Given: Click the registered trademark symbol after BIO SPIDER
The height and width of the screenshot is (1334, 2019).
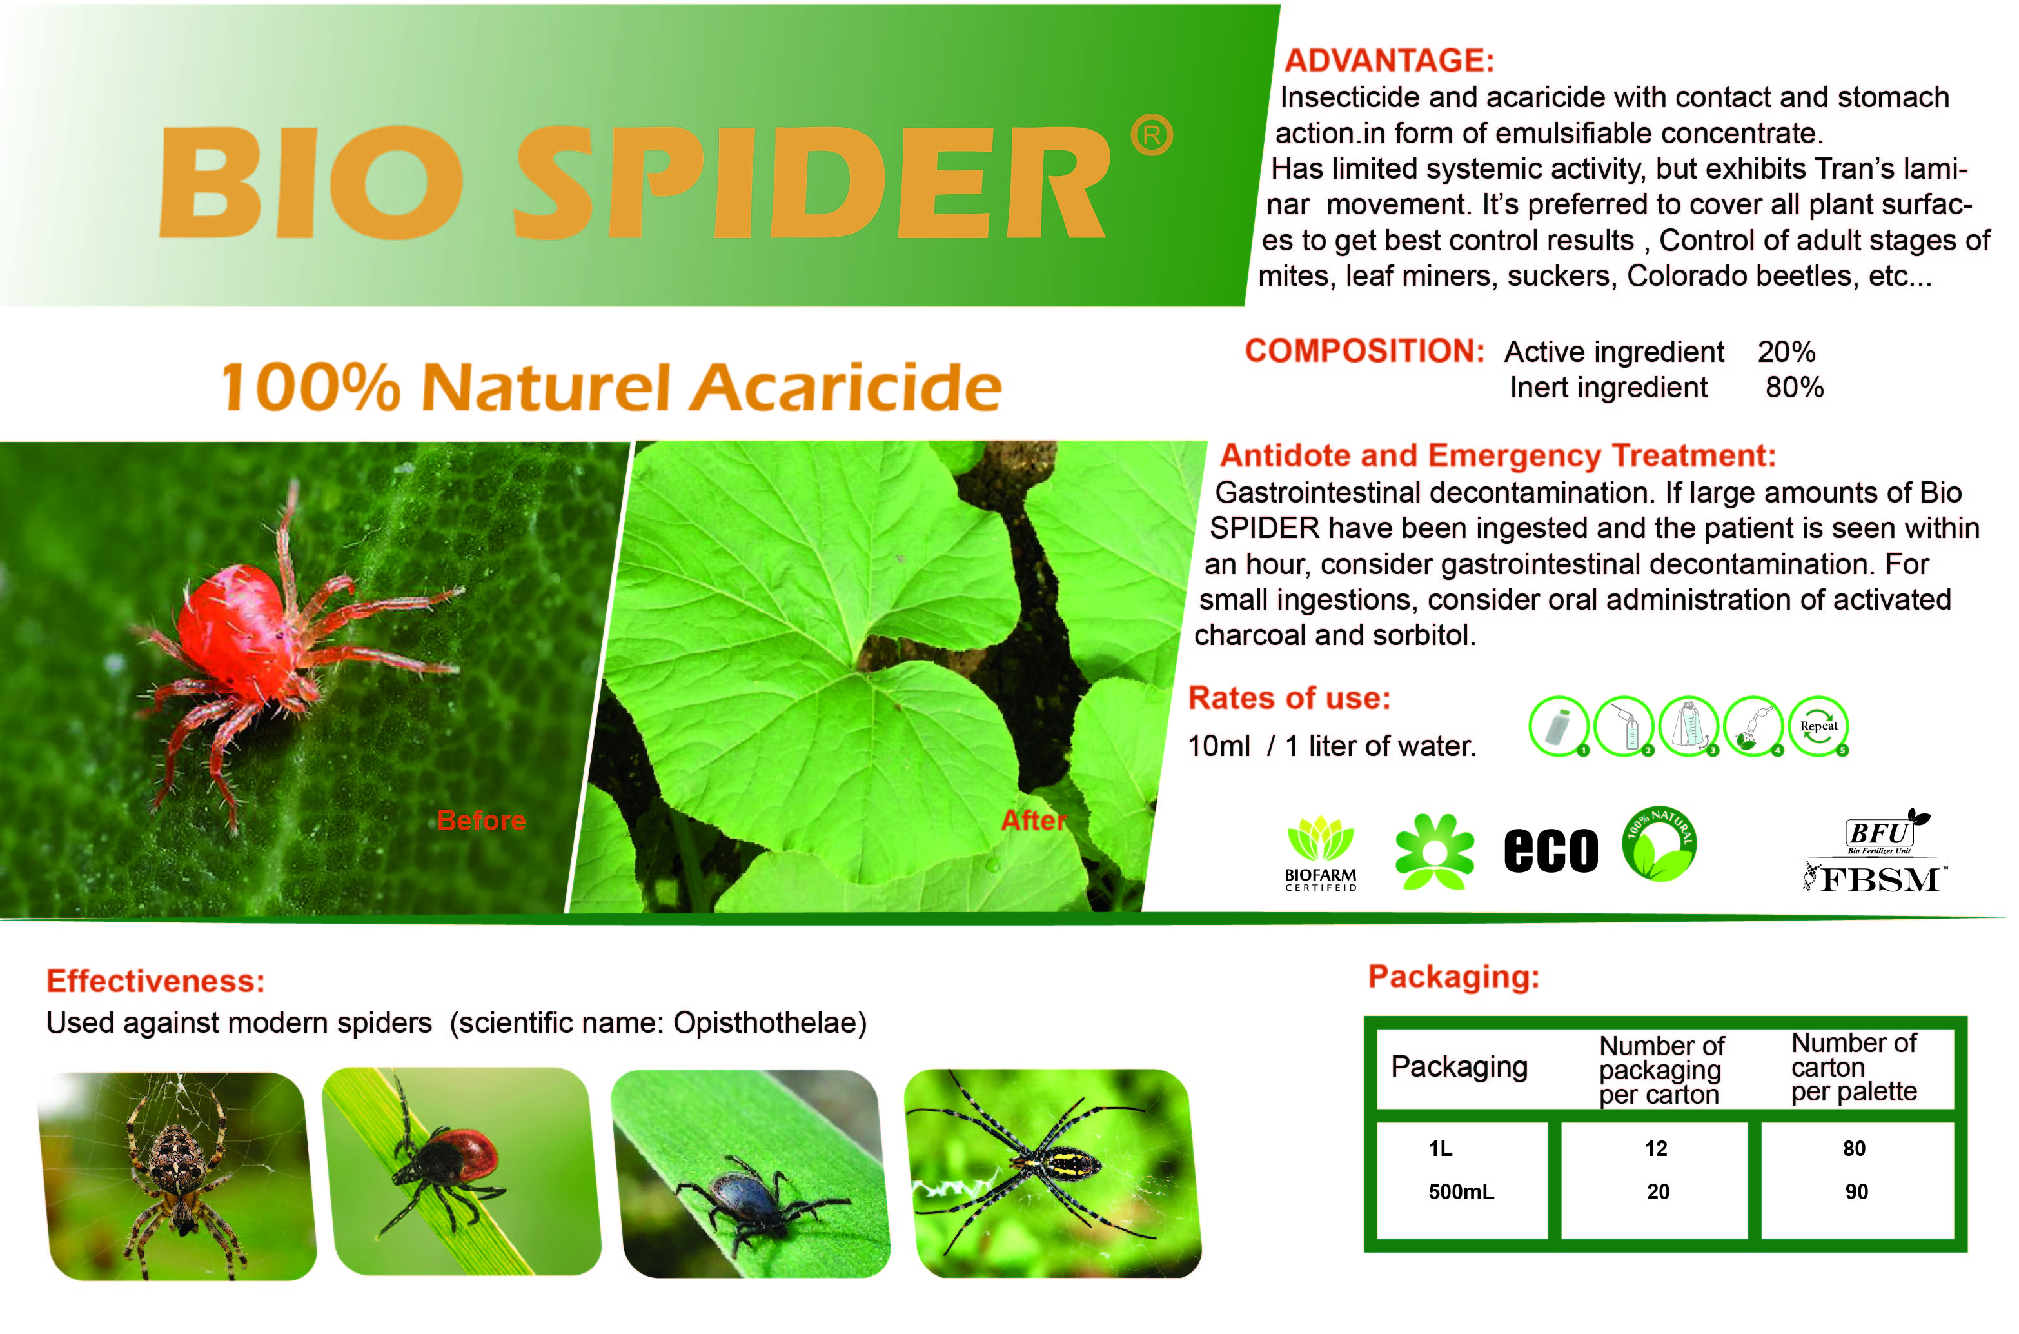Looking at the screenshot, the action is (x=1152, y=136).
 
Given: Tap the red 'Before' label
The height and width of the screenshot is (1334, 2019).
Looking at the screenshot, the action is (x=481, y=820).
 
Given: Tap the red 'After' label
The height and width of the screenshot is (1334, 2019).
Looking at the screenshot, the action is (x=1033, y=820).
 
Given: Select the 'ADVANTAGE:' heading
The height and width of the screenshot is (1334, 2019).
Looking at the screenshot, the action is (x=1389, y=61).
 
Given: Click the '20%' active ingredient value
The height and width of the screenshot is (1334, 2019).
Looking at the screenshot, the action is (x=1787, y=352).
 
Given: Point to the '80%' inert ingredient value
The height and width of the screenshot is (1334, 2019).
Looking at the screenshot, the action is (x=1795, y=387).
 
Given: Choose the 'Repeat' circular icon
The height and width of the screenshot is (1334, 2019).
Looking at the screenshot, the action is (x=1818, y=726).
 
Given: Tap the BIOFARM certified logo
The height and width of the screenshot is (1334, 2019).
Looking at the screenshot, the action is (x=1321, y=853).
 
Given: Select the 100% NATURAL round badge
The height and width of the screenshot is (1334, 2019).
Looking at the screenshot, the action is (x=1659, y=844).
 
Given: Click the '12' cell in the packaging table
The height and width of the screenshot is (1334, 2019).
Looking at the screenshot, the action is (x=1656, y=1148).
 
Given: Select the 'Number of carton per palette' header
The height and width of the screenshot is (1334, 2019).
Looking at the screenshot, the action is (x=1854, y=1067).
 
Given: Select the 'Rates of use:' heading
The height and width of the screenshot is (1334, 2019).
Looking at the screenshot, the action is (x=1289, y=697).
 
